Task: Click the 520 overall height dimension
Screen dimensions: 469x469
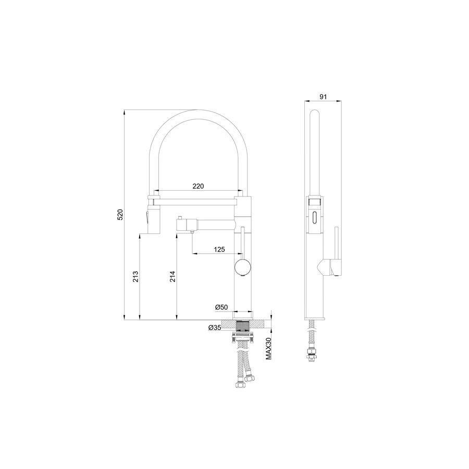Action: [x=120, y=215]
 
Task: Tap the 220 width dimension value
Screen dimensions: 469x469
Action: [x=198, y=186]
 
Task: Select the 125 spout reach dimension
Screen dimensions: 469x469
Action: [x=219, y=249]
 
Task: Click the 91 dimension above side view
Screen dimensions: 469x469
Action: [x=323, y=96]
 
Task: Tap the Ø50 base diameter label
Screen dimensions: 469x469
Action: [x=221, y=307]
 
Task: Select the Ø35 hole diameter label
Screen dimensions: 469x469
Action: [x=215, y=328]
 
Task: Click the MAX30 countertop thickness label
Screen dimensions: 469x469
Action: [x=268, y=348]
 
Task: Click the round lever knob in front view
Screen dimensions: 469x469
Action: [x=243, y=267]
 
